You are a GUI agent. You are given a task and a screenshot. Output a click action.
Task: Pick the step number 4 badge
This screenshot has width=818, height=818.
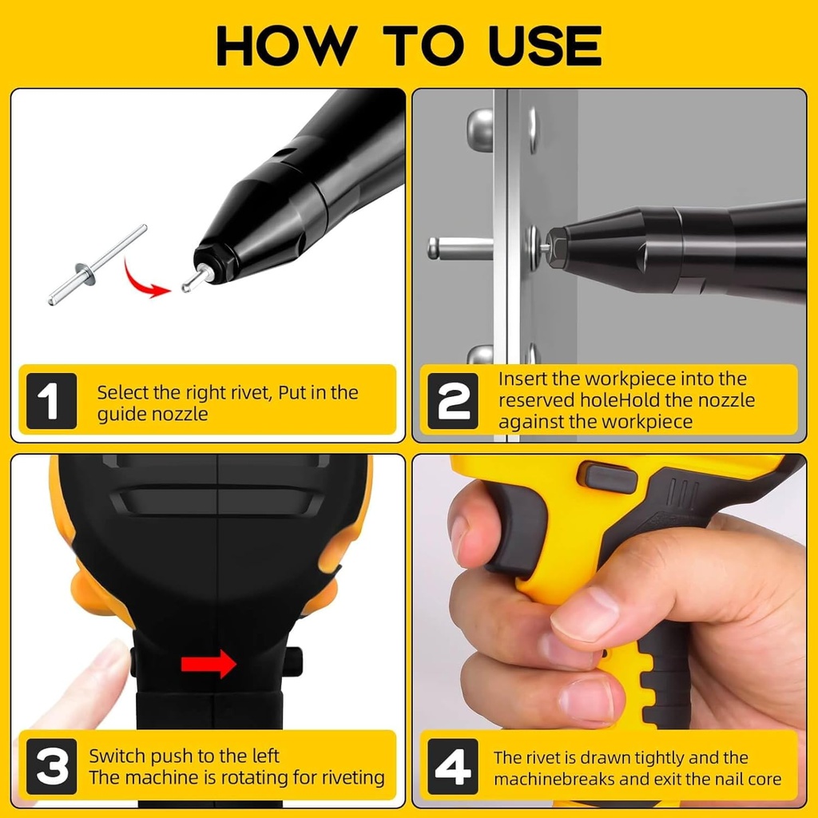(x=453, y=766)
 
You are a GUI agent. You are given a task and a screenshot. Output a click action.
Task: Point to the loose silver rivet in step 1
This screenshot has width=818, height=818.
(x=96, y=266)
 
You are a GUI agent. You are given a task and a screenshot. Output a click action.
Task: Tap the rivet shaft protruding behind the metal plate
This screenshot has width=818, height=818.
(x=459, y=248)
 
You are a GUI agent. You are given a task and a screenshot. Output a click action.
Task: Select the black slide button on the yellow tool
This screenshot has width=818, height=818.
(x=607, y=478)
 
